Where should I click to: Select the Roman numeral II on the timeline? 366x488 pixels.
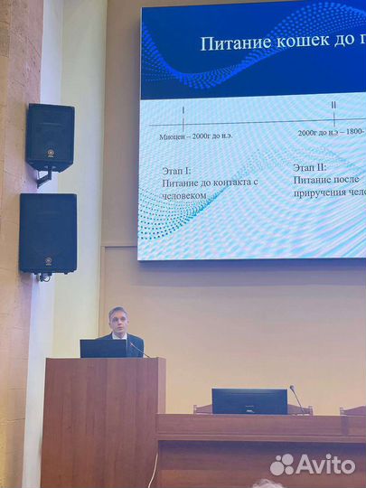(333, 105)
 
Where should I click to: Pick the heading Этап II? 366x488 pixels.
(310, 167)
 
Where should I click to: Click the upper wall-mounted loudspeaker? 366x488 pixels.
(51, 137)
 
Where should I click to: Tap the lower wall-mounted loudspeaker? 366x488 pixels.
(48, 233)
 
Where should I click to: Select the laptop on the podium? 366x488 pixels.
(103, 348)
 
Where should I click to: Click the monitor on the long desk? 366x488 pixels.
(249, 400)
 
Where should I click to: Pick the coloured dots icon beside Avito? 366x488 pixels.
(283, 465)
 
